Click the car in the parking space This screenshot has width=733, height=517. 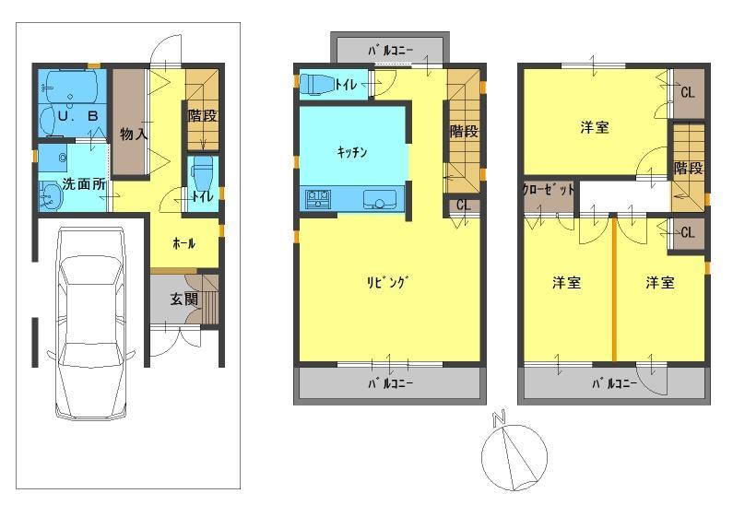coord(89,323)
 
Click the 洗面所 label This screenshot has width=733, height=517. coord(83,183)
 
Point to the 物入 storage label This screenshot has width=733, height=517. coord(134,135)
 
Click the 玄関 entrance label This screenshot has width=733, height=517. coord(183,299)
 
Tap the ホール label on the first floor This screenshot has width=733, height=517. coord(183,244)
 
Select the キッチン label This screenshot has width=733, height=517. coord(352,152)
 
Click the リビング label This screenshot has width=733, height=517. coord(386,283)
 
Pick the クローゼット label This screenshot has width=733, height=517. coord(549,189)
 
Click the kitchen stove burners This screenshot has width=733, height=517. coord(319,198)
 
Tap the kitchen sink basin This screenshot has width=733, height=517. coord(378,200)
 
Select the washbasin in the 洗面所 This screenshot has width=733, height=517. coord(50,194)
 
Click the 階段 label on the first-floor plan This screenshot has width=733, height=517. coord(203,116)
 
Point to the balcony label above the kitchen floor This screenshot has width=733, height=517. coord(390,49)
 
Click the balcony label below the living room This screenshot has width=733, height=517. coord(391,382)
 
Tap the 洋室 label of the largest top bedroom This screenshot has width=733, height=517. coord(595,128)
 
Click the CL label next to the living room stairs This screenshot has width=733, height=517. coord(463,206)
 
